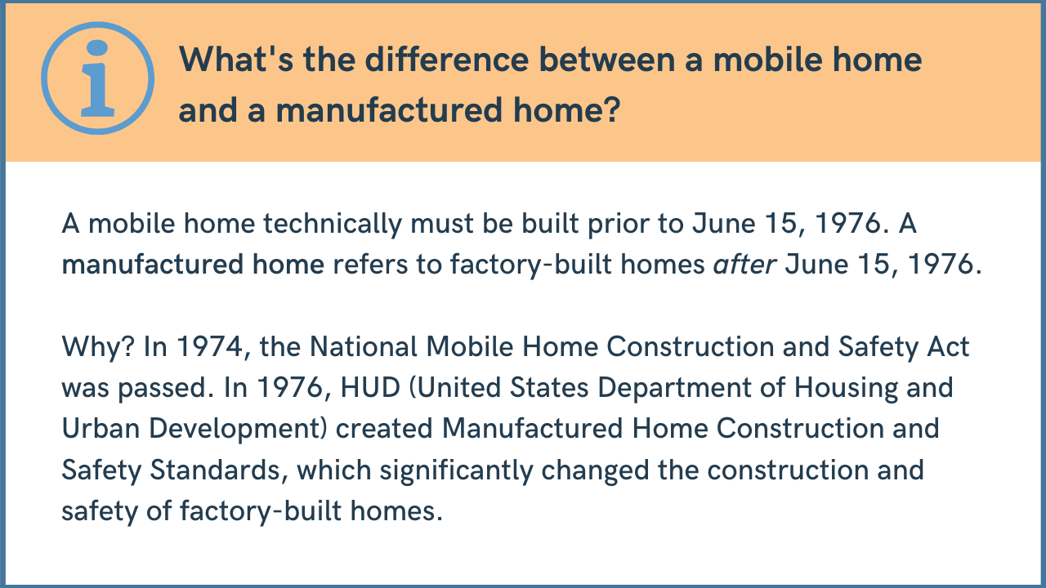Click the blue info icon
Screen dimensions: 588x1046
(x=97, y=78)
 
